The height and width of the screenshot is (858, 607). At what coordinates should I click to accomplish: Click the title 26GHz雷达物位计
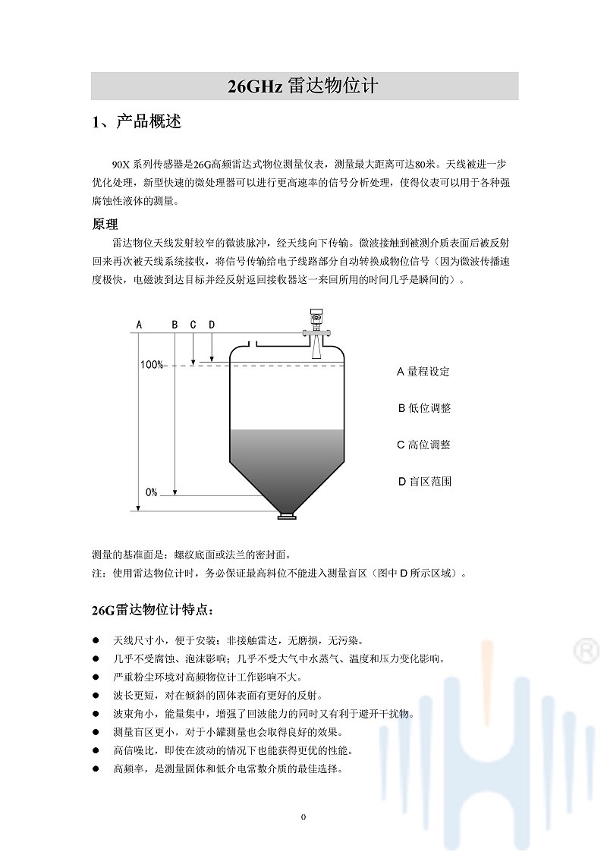(303, 86)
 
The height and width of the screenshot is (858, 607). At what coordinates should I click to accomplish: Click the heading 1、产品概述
(137, 122)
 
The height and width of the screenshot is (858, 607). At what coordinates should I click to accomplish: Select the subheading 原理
(105, 225)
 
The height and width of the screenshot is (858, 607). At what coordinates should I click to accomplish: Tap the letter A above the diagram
(139, 325)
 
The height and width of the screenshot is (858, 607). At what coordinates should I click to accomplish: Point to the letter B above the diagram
(175, 325)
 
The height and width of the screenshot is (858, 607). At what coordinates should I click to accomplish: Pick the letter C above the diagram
(193, 325)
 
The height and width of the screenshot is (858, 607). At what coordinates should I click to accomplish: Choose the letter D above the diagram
(212, 325)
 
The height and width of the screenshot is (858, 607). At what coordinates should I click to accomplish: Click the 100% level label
(152, 365)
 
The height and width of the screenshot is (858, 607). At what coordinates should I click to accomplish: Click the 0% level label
(152, 492)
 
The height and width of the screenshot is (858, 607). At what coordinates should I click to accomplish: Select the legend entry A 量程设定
(423, 372)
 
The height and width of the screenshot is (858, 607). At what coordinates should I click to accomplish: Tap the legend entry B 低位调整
(424, 408)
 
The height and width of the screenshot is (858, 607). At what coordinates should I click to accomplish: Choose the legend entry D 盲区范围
(424, 481)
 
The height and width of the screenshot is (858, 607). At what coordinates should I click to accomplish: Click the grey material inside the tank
(287, 455)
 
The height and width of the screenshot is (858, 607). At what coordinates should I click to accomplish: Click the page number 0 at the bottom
(303, 817)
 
